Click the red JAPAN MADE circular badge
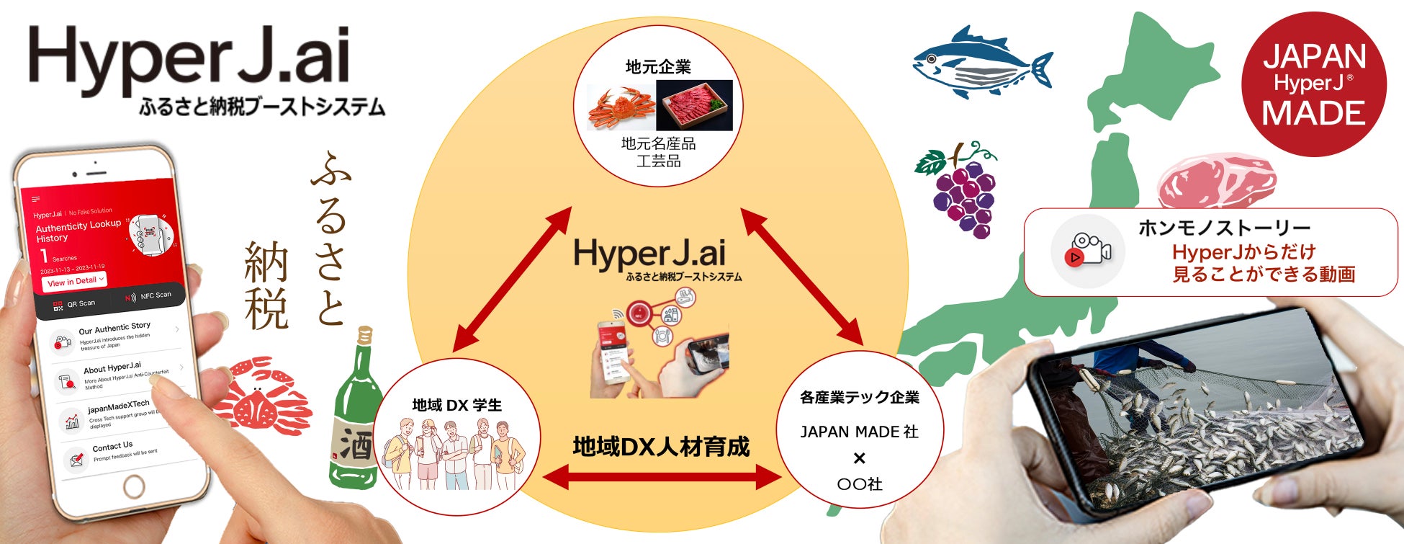[1313, 84]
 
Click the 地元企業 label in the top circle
[658, 67]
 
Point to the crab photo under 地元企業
[621, 106]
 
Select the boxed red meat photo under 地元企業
[694, 105]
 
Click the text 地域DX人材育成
[661, 447]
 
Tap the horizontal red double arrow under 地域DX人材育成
[661, 476]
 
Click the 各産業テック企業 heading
[859, 398]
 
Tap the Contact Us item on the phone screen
[112, 447]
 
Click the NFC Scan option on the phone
[149, 296]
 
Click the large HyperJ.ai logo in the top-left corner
[189, 55]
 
